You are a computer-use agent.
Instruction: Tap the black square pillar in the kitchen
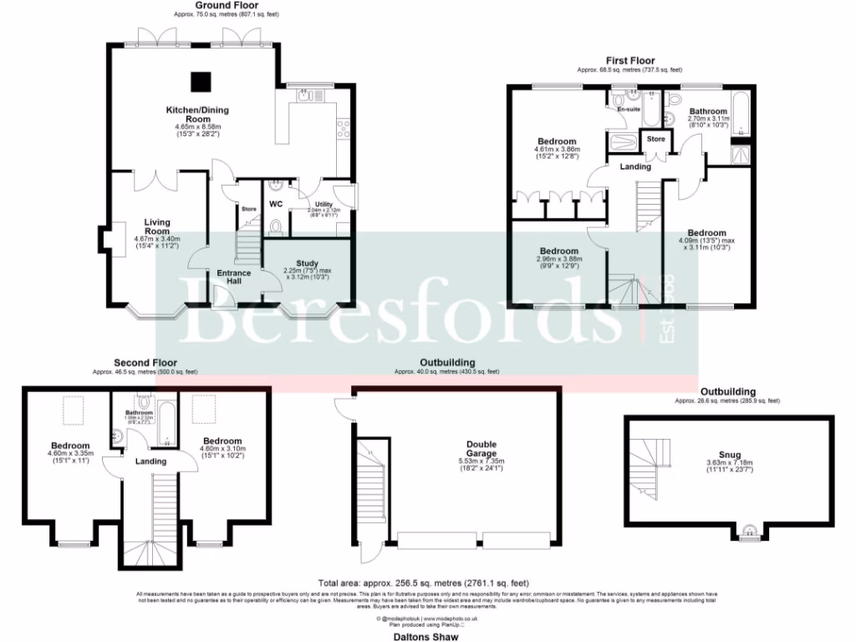click(200, 81)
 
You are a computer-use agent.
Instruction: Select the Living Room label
click(157, 227)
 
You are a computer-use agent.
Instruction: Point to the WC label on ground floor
click(277, 203)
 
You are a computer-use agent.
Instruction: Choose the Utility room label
click(324, 204)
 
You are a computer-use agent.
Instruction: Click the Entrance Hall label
click(235, 278)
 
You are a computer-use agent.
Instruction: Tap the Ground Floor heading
click(227, 5)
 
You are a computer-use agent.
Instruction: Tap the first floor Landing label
click(635, 166)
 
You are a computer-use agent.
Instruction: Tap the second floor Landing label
click(150, 461)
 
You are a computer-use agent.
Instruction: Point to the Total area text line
click(423, 583)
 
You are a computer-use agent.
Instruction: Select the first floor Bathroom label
click(708, 110)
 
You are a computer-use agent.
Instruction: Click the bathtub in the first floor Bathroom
click(741, 117)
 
